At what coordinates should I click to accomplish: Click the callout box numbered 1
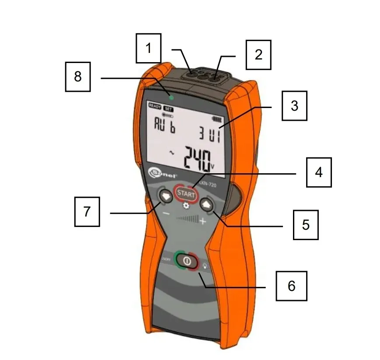(148, 49)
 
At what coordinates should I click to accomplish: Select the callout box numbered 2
(258, 55)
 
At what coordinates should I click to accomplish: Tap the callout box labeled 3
(294, 106)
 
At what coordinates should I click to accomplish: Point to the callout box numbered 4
(318, 172)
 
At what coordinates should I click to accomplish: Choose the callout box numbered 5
(305, 225)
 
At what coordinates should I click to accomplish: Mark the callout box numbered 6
(291, 286)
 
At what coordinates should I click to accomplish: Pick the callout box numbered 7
(87, 212)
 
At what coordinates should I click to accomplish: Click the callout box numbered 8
(78, 77)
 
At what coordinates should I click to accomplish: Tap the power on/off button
(187, 261)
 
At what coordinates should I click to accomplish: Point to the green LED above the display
(171, 97)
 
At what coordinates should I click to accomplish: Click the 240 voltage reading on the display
(195, 158)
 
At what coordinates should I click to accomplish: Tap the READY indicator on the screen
(154, 106)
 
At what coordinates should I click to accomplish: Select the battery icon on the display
(216, 119)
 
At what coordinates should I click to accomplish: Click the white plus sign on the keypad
(203, 222)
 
